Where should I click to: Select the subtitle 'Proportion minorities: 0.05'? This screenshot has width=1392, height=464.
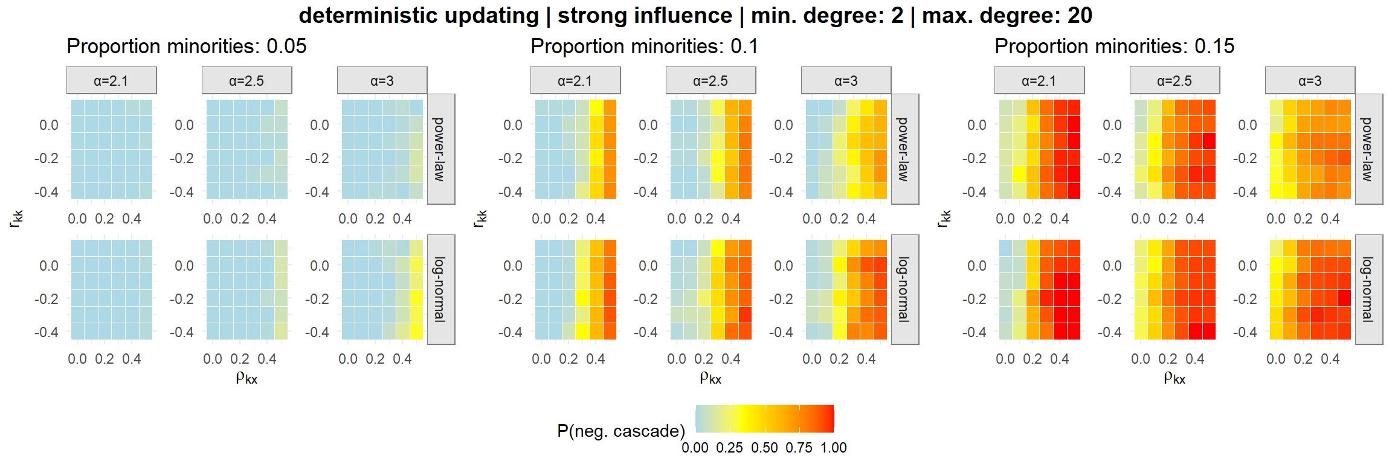point(186,46)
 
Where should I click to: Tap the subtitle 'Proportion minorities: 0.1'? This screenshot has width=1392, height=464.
point(644,46)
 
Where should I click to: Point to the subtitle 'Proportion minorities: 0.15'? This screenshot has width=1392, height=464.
point(1114,46)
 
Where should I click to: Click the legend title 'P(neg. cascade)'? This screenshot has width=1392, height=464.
point(620,431)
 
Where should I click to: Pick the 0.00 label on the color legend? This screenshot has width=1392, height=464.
point(695,448)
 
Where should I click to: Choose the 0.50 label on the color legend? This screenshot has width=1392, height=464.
point(764,448)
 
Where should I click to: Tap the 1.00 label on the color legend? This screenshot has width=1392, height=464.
point(833,448)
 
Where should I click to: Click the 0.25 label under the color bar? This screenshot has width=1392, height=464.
point(730,448)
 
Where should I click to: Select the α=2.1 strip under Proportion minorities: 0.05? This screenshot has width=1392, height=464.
point(111,80)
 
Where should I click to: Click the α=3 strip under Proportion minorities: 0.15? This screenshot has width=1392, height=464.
point(1310,80)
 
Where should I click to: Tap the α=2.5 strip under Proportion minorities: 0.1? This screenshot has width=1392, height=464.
point(710,80)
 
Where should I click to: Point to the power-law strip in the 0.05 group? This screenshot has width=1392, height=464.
point(440,149)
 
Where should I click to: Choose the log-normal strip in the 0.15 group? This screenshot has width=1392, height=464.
point(1368,289)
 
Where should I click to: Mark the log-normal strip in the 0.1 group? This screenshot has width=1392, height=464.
point(904,289)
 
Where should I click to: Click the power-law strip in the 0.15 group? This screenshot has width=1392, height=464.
point(1368,149)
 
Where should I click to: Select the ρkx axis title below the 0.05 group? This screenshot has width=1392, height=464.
point(246,378)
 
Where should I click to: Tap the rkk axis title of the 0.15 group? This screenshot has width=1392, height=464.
point(944,219)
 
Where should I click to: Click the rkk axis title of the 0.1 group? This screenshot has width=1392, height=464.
point(480,219)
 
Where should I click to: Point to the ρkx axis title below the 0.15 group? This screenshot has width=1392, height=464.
point(1174,378)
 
